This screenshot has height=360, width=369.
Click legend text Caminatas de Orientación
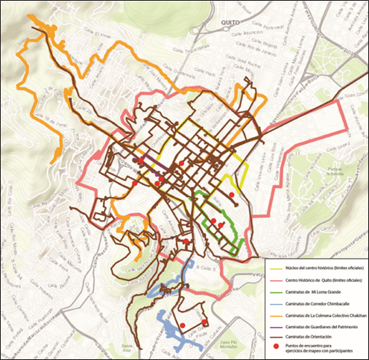click(x=316, y=339)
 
